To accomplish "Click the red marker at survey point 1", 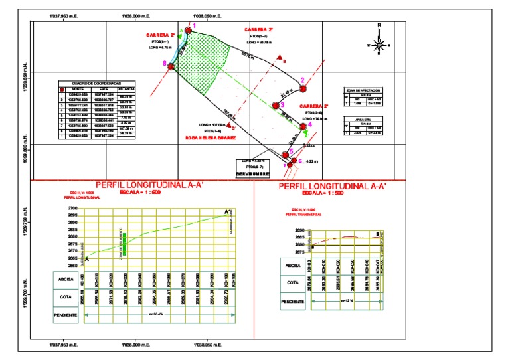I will tap(189, 29).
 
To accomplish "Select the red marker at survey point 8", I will tap(171, 66).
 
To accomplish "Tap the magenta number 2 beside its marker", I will tap(303, 80).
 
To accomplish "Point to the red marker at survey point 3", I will tap(276, 104).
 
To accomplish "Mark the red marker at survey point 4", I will tap(303, 126).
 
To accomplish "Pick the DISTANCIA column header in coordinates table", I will tap(127, 89).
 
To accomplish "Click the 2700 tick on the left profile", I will tap(72, 209).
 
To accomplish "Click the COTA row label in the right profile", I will tap(293, 283).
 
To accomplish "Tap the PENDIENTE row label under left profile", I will tap(65, 314).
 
